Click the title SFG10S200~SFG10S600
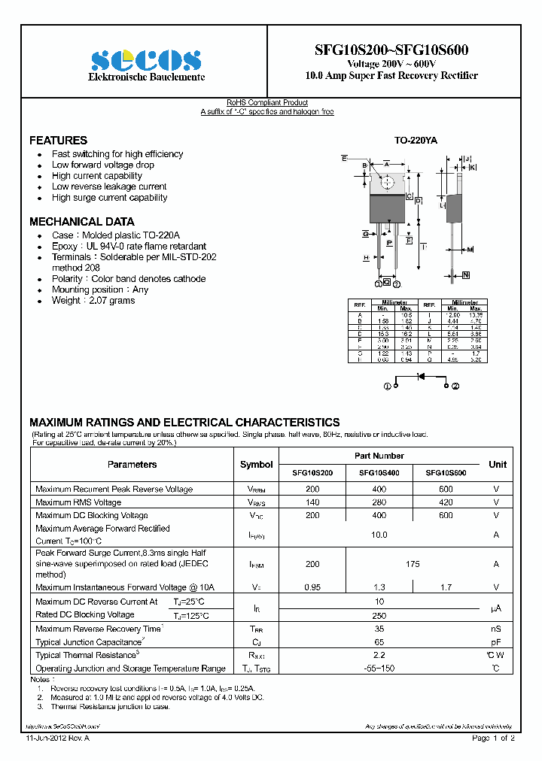pos(391,50)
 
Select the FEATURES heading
pos(58,141)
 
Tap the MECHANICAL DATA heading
pos(81,222)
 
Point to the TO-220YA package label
pos(416,141)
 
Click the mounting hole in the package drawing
pos(387,182)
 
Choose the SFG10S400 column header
pos(379,474)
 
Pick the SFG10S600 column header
pos(446,474)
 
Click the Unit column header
pos(497,465)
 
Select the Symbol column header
pos(256,465)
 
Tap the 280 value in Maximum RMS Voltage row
pos(379,502)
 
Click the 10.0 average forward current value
pos(379,535)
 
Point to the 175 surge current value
pos(413,564)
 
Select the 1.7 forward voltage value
pos(446,587)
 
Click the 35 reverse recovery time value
pos(379,629)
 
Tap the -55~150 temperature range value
pos(379,669)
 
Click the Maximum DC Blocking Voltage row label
pos(91,516)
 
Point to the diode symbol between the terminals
pos(421,385)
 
